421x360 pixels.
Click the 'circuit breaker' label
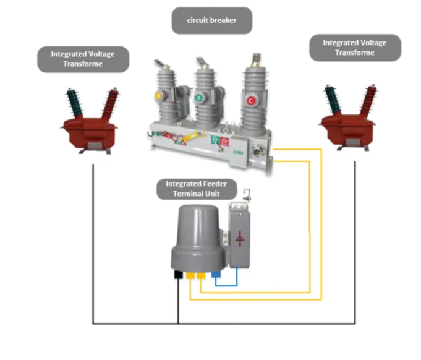click(x=211, y=20)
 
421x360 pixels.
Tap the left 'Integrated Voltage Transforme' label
click(x=82, y=59)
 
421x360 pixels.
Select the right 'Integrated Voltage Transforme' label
click(x=355, y=48)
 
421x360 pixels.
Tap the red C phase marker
click(x=250, y=100)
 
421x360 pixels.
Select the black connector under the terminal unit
click(x=179, y=273)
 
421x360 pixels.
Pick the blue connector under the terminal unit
click(x=215, y=273)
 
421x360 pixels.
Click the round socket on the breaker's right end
click(x=256, y=149)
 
